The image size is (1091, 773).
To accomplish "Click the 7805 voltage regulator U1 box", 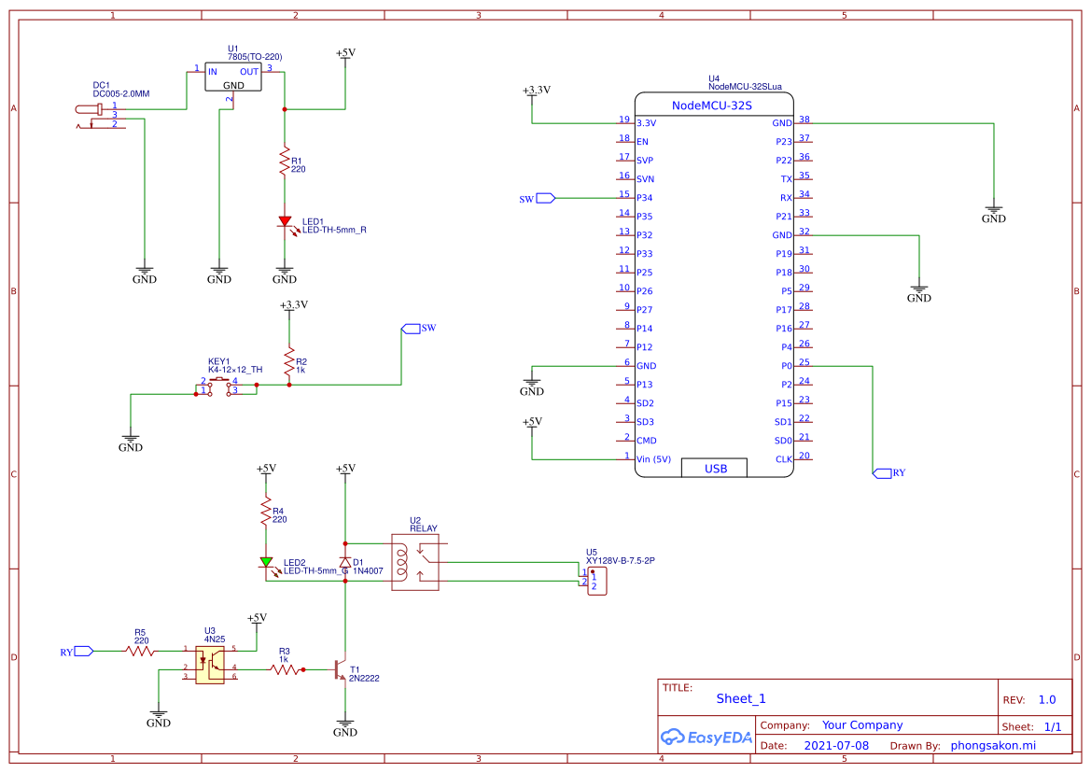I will tap(233, 77).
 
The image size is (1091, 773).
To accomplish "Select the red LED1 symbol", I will tap(285, 222).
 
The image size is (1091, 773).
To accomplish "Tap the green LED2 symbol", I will tap(266, 562).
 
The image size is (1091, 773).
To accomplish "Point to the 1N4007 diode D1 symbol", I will tap(345, 563).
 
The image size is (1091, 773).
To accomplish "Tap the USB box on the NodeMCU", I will tap(715, 468).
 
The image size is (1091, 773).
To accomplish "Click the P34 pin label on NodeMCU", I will tap(644, 198).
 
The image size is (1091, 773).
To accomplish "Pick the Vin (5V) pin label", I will tap(653, 459).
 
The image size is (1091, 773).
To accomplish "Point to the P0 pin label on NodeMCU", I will tap(785, 366).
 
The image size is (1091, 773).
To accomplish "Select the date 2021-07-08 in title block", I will tap(836, 746).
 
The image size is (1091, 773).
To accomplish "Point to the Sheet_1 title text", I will tap(740, 698).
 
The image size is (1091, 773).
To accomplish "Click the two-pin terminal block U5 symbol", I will tap(595, 580).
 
